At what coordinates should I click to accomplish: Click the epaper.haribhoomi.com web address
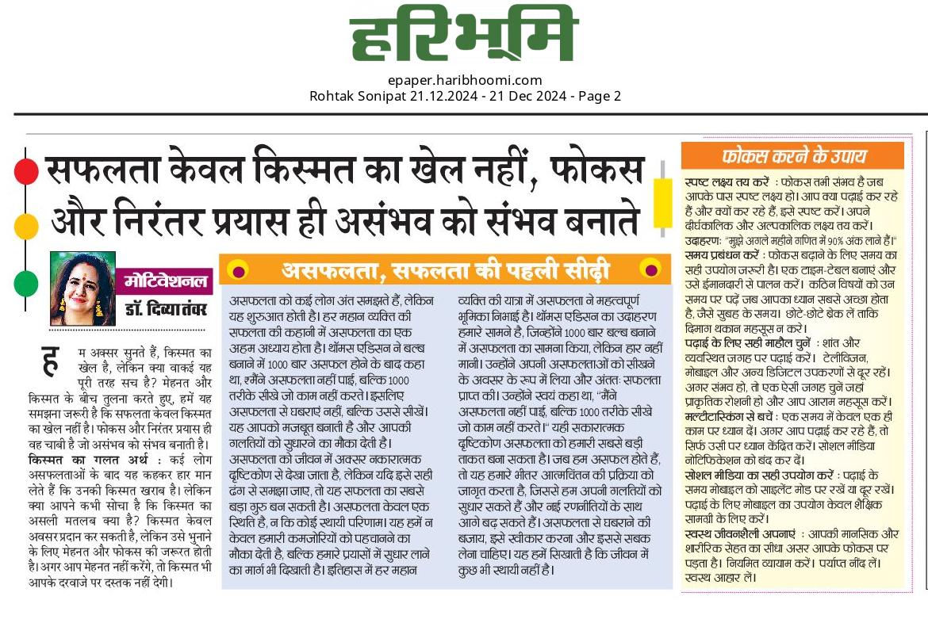[x=465, y=79]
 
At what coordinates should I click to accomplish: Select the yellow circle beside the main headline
[x=26, y=227]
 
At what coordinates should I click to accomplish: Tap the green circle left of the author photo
[x=26, y=282]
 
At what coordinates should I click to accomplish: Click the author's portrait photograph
[x=82, y=288]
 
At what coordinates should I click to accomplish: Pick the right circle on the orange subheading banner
[x=650, y=269]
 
